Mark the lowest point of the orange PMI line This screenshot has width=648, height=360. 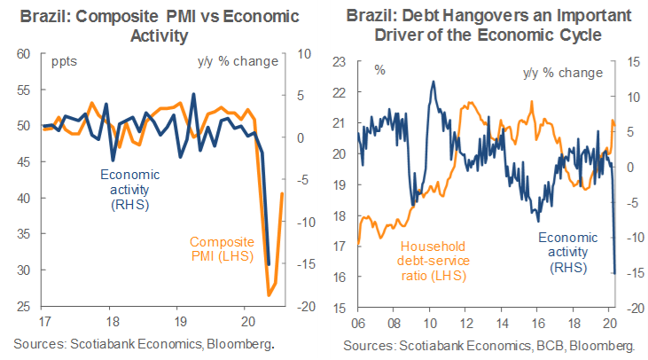[x=269, y=295]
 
